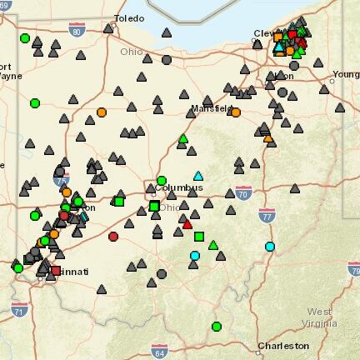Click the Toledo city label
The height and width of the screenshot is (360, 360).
pyautogui.click(x=129, y=17)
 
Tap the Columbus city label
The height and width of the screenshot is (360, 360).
pyautogui.click(x=178, y=187)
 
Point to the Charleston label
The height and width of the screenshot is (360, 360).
pyautogui.click(x=283, y=345)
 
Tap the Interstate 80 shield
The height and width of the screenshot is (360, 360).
pyautogui.click(x=77, y=32)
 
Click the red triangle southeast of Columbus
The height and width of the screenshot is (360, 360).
pyautogui.click(x=187, y=223)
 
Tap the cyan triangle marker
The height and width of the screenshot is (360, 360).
pyautogui.click(x=198, y=176)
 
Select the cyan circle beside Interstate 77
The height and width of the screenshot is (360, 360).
pyautogui.click(x=270, y=247)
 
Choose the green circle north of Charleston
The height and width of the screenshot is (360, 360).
pyautogui.click(x=217, y=327)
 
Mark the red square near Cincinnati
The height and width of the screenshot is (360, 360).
pyautogui.click(x=56, y=271)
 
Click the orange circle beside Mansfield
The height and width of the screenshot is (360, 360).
pyautogui.click(x=236, y=112)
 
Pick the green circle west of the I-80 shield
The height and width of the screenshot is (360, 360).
pyautogui.click(x=25, y=38)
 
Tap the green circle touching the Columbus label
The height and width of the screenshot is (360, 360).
pyautogui.click(x=162, y=180)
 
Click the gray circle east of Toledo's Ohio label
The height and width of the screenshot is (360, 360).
pyautogui.click(x=167, y=60)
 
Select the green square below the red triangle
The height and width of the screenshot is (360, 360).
pyautogui.click(x=198, y=237)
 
